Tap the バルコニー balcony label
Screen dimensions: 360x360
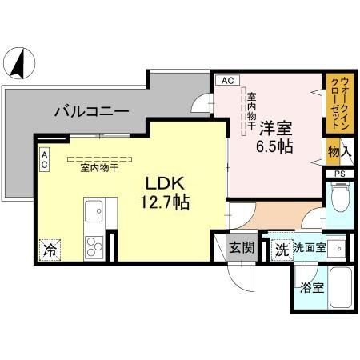tap(92, 112)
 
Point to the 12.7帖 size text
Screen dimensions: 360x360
tap(166, 203)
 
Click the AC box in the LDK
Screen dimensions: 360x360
tap(45, 158)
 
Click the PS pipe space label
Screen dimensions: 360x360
tap(338, 173)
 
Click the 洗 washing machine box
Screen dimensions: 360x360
tap(281, 249)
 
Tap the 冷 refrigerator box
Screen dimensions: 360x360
tap(47, 249)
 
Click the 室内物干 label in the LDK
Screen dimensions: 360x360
tap(99, 168)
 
